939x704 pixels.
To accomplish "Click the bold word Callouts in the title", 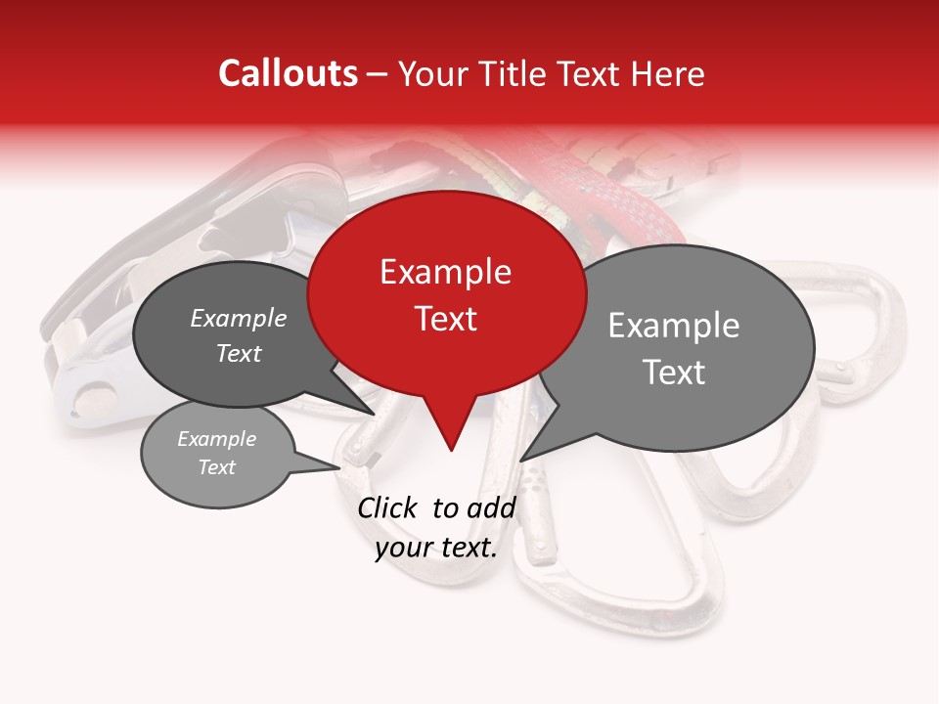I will (x=288, y=73).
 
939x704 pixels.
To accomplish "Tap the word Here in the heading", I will (x=668, y=73).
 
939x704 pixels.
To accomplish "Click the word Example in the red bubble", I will (x=446, y=272).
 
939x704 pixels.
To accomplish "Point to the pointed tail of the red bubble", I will (x=451, y=445).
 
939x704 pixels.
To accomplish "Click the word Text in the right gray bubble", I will (x=674, y=373).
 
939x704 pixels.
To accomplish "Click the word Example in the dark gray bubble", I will (x=239, y=319).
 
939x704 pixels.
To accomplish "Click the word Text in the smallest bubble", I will (x=217, y=467).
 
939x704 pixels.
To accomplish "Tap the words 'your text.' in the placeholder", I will (x=436, y=549).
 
